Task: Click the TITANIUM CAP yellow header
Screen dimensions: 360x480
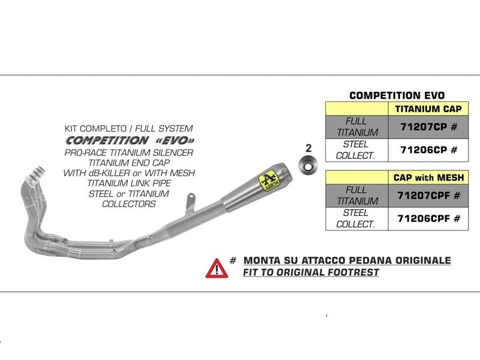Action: (428, 109)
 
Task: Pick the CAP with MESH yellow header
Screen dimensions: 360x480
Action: (428, 178)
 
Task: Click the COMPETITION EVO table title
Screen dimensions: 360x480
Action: (397, 95)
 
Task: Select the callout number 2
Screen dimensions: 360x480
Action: (308, 147)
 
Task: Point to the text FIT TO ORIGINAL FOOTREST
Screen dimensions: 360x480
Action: (311, 273)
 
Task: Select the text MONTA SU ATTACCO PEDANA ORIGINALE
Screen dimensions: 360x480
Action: (347, 261)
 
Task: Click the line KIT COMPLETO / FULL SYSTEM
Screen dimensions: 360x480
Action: (128, 128)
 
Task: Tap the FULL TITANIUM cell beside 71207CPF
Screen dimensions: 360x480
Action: (357, 196)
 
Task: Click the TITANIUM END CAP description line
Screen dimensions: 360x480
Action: (128, 162)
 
